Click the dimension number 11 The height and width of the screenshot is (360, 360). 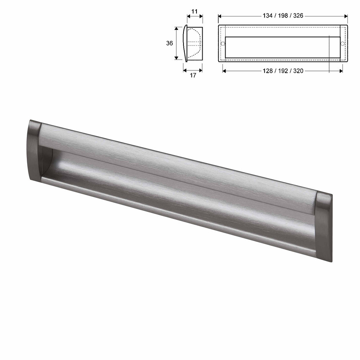coord(195,11)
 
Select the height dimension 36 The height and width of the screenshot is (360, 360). coord(169,43)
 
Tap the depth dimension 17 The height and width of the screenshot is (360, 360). coord(193,75)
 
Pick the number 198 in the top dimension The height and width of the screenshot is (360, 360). coord(283,16)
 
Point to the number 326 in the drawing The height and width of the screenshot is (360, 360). coord(298,16)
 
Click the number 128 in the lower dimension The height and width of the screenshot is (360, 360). coord(268,71)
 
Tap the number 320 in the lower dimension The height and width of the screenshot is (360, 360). coord(298,71)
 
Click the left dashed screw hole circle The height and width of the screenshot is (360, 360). coord(223,43)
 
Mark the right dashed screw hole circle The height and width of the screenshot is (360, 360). coord(343,43)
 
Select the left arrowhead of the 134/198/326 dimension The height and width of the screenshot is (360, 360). coord(220,16)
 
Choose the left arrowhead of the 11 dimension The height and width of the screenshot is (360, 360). coord(188,16)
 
